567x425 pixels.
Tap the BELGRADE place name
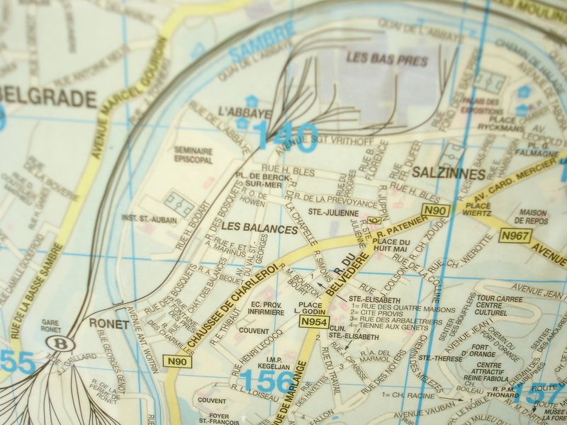tap(47, 98)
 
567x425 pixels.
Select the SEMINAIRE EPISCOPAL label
tap(194, 154)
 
